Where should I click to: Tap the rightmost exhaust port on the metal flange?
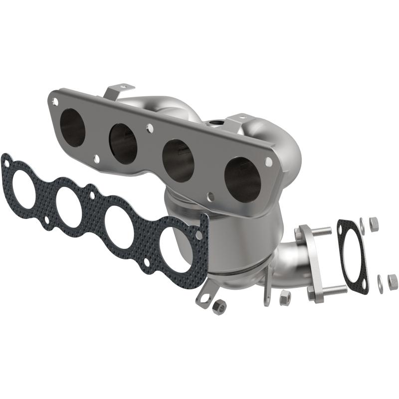(x=242, y=180)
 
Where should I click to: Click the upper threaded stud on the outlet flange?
(x=321, y=231)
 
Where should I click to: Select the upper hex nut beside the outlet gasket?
(x=374, y=224)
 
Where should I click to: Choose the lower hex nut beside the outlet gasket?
(x=393, y=281)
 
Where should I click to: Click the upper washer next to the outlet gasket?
(x=362, y=225)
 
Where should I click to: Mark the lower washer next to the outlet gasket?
(x=381, y=283)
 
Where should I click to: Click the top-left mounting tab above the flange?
(x=112, y=92)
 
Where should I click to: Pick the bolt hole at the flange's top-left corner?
(x=55, y=101)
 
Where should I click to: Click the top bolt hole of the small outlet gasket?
(x=342, y=228)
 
